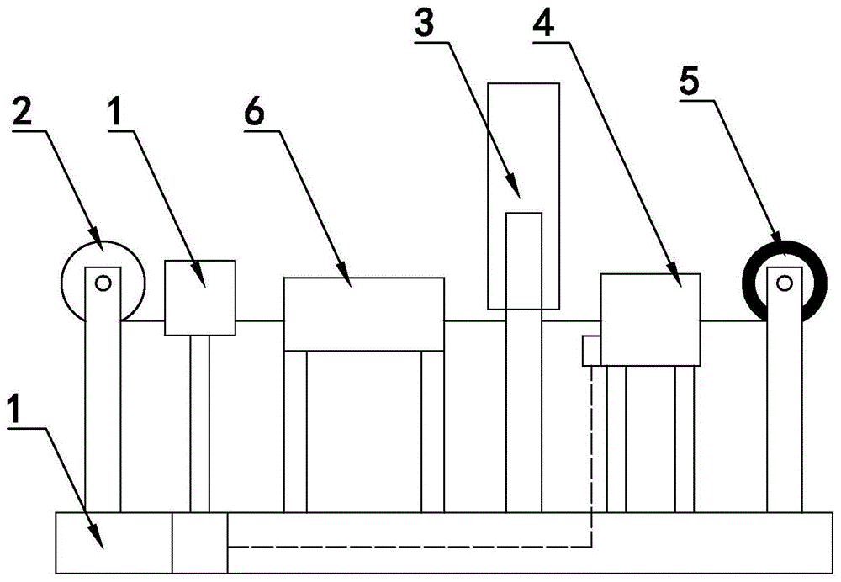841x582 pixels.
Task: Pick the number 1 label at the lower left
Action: pos(17,413)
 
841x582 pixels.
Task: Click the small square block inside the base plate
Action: pos(199,542)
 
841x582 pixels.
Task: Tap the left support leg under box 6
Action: pos(295,431)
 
